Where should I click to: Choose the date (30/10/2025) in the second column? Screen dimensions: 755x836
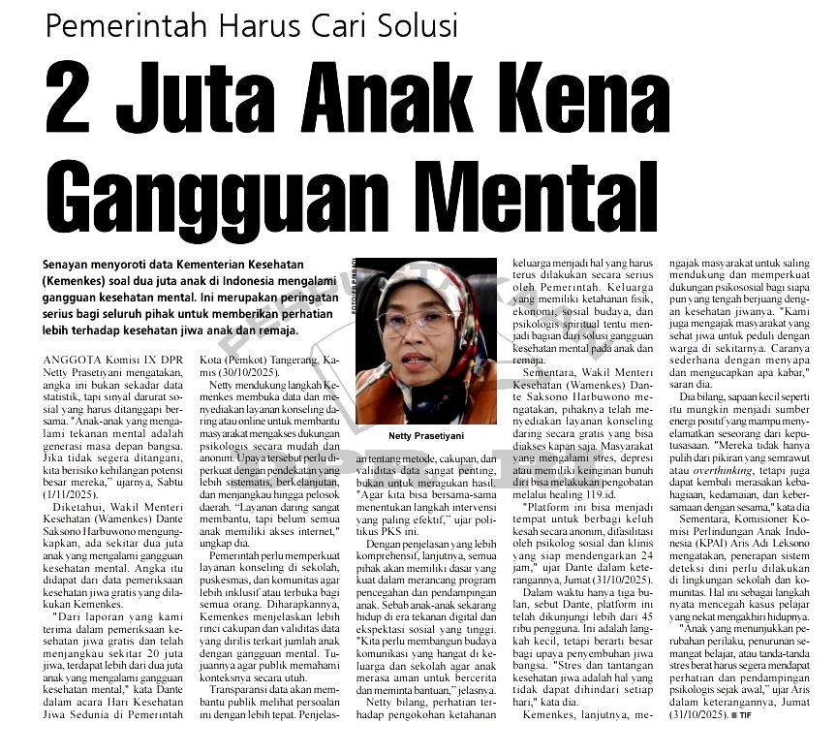239,372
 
